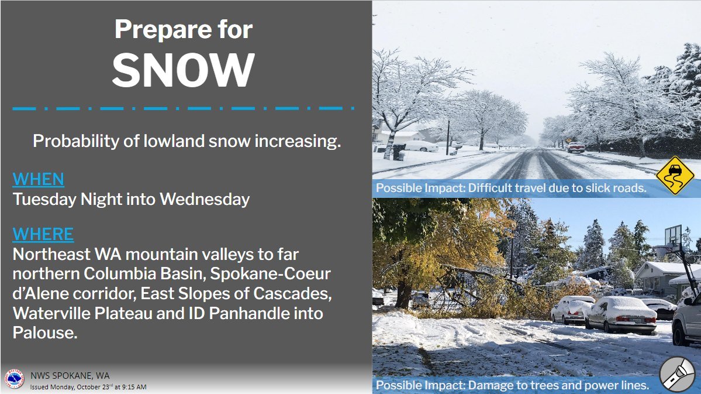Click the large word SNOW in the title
pyautogui.click(x=184, y=70)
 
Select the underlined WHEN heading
pyautogui.click(x=39, y=179)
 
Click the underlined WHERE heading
pyautogui.click(x=43, y=234)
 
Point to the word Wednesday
pyautogui.click(x=205, y=199)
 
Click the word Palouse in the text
pyautogui.click(x=44, y=333)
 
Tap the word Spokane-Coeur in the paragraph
pyautogui.click(x=271, y=273)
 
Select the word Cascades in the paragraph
pyautogui.click(x=292, y=293)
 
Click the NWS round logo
pyautogui.click(x=14, y=379)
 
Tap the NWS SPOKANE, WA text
pyautogui.click(x=70, y=376)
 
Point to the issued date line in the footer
pyautogui.click(x=88, y=387)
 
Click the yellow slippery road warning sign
pyautogui.click(x=675, y=175)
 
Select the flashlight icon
pyautogui.click(x=677, y=374)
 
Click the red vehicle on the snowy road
pyautogui.click(x=576, y=148)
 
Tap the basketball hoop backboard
pyautogui.click(x=674, y=236)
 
